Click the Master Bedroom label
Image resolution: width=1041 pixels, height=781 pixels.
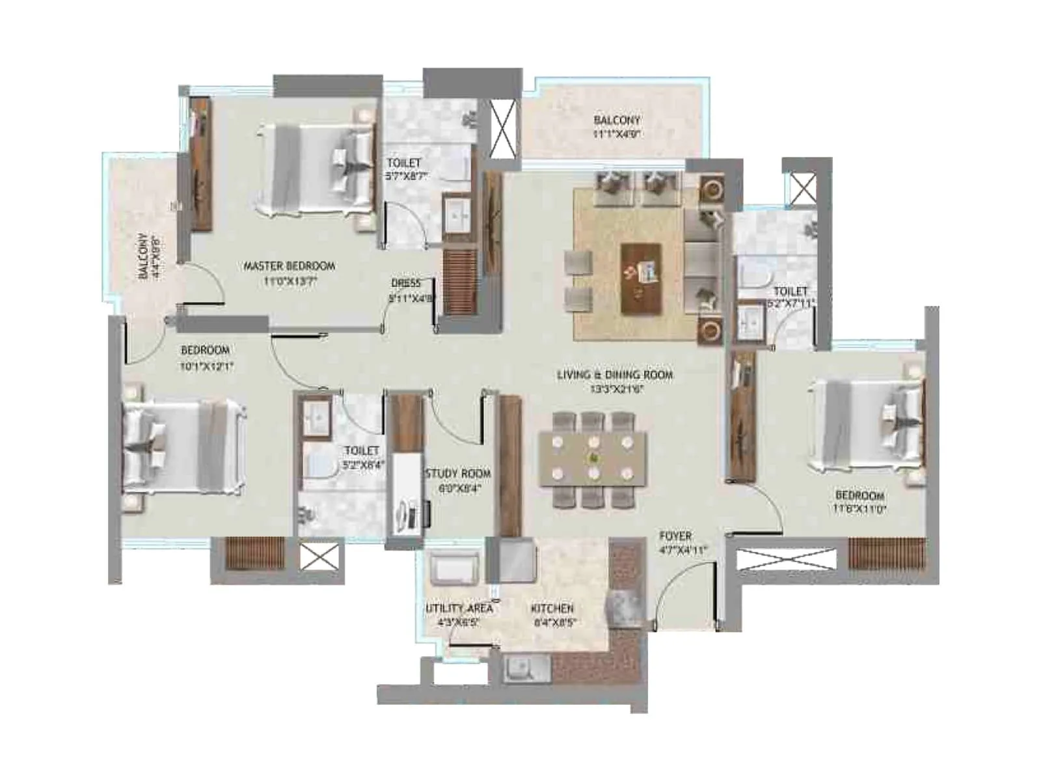tap(289, 266)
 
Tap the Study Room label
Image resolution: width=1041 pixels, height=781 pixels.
tap(457, 473)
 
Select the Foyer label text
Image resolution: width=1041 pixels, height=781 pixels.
tap(675, 536)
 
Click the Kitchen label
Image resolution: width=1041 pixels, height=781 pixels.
tap(552, 608)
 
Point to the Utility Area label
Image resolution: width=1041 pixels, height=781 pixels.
tap(459, 608)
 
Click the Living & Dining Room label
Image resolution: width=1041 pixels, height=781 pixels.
tap(614, 375)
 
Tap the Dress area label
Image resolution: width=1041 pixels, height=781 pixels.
tap(406, 283)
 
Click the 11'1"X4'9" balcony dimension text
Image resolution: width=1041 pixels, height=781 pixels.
tap(617, 134)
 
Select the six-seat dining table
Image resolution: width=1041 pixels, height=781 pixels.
tap(593, 459)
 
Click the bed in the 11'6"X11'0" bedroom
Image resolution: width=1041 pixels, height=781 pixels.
tap(865, 426)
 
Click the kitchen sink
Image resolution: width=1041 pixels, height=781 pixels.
tap(520, 668)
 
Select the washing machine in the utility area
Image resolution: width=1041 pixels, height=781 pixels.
tap(455, 567)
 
